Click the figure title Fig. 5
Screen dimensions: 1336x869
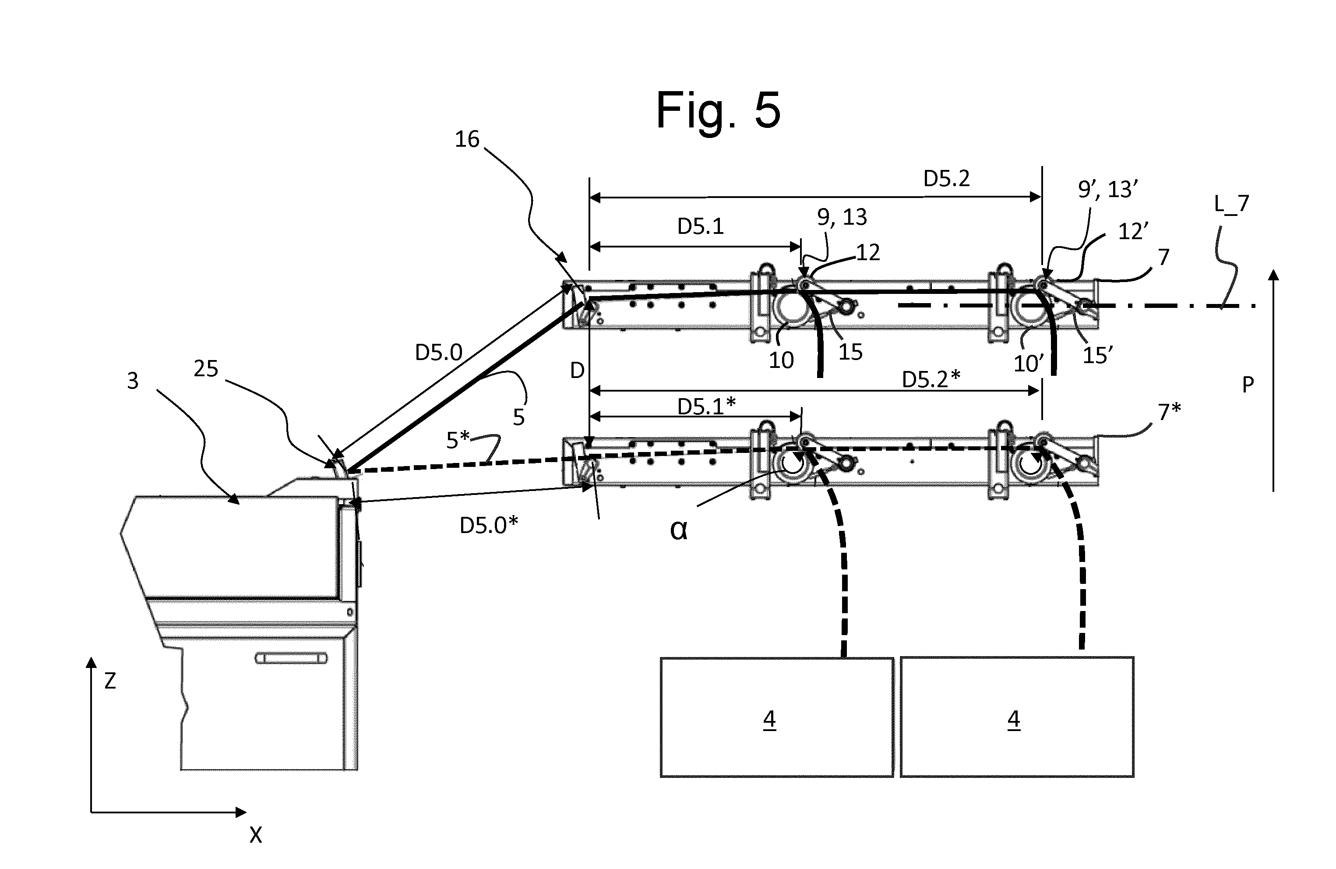718,110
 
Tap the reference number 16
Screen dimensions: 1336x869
467,139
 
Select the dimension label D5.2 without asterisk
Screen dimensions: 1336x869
946,179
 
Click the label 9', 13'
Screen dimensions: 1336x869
1107,189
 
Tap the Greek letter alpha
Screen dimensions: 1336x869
678,530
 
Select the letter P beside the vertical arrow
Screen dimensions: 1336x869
1248,385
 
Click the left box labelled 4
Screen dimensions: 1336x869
776,717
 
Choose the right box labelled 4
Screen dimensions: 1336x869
1017,717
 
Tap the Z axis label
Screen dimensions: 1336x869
110,681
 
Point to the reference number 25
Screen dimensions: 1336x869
205,369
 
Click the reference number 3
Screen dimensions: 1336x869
133,381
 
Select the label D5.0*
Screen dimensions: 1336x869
488,525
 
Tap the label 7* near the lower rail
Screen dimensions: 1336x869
1169,411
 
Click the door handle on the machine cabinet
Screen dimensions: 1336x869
291,658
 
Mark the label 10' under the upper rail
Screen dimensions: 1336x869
1028,364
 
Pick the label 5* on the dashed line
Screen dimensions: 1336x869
458,441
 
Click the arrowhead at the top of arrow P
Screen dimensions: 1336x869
1274,275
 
